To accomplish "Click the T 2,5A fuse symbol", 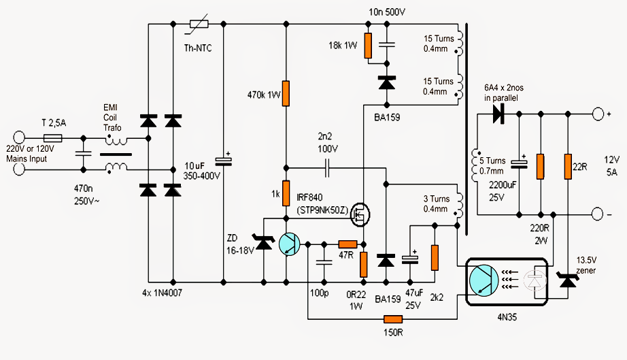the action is pyautogui.click(x=52, y=138).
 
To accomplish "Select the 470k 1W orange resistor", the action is pyautogui.click(x=286, y=93).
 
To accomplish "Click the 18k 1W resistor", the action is pyautogui.click(x=368, y=46).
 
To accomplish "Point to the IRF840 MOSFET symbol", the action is pyautogui.click(x=360, y=214).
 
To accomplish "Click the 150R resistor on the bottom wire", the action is pyautogui.click(x=393, y=319).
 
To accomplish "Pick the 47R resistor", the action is pyautogui.click(x=348, y=244).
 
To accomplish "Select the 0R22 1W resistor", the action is pyautogui.click(x=364, y=265).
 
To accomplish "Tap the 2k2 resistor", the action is pyautogui.click(x=435, y=258).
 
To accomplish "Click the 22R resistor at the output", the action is pyautogui.click(x=568, y=167).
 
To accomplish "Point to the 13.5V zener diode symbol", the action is pyautogui.click(x=568, y=280).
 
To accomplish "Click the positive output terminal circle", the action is pyautogui.click(x=598, y=114).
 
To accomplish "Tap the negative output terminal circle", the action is pyautogui.click(x=597, y=214).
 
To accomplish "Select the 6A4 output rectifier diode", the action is pyautogui.click(x=498, y=114).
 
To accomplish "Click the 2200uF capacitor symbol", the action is pyautogui.click(x=519, y=163).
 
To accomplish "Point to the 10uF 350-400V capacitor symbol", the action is pyautogui.click(x=224, y=161).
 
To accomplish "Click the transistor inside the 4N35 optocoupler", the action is pyautogui.click(x=484, y=280).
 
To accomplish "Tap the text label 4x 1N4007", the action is pyautogui.click(x=162, y=293).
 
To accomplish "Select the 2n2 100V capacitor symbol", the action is pyautogui.click(x=327, y=168).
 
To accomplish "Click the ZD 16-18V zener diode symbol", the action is pyautogui.click(x=263, y=242).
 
